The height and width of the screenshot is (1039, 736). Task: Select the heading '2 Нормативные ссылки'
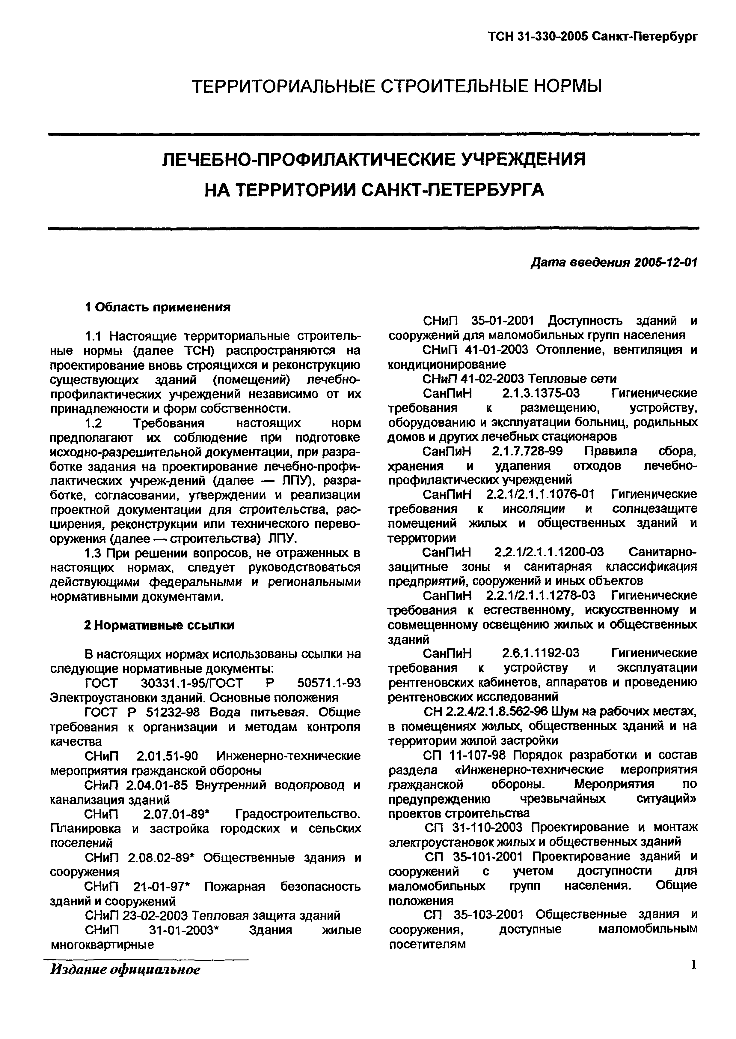[x=159, y=625]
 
